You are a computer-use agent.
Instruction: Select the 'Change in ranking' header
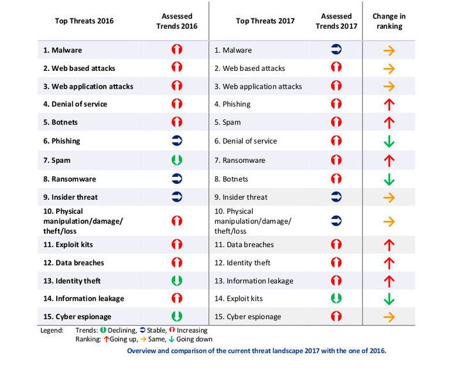pos(388,20)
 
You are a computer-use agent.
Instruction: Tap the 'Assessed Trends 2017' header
pos(336,20)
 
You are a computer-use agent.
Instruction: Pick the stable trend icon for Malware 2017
pos(336,50)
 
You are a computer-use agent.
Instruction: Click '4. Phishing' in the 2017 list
pos(232,104)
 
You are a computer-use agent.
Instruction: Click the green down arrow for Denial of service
pos(388,142)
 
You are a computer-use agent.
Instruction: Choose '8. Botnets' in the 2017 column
pos(231,179)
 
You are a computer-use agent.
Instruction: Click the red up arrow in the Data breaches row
pos(388,244)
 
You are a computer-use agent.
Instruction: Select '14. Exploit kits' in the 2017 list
pos(238,298)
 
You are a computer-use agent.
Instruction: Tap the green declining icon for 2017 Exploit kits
pos(336,298)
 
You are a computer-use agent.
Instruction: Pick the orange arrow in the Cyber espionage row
pos(388,317)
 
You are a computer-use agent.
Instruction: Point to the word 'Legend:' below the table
pos(51,330)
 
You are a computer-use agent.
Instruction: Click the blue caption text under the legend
pos(256,350)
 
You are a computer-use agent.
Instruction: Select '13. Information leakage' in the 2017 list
pos(253,280)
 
